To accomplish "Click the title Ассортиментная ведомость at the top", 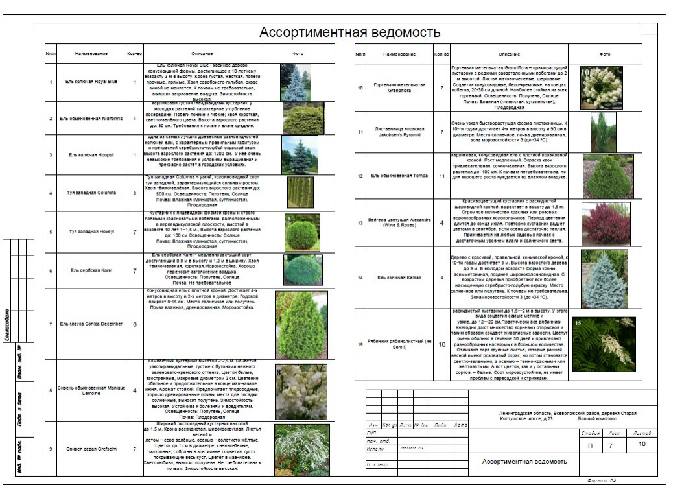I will coord(349,32).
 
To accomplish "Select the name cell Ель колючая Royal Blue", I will coord(91,82).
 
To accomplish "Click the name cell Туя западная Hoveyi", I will coord(91,231).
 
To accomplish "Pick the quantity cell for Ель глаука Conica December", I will coord(134,324).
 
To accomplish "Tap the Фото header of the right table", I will coord(605,54).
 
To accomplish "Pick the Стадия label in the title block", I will coord(590,432).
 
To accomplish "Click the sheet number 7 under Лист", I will coord(610,445).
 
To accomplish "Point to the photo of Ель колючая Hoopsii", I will coord(299,155).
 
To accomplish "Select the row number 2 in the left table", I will coord(50,118).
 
